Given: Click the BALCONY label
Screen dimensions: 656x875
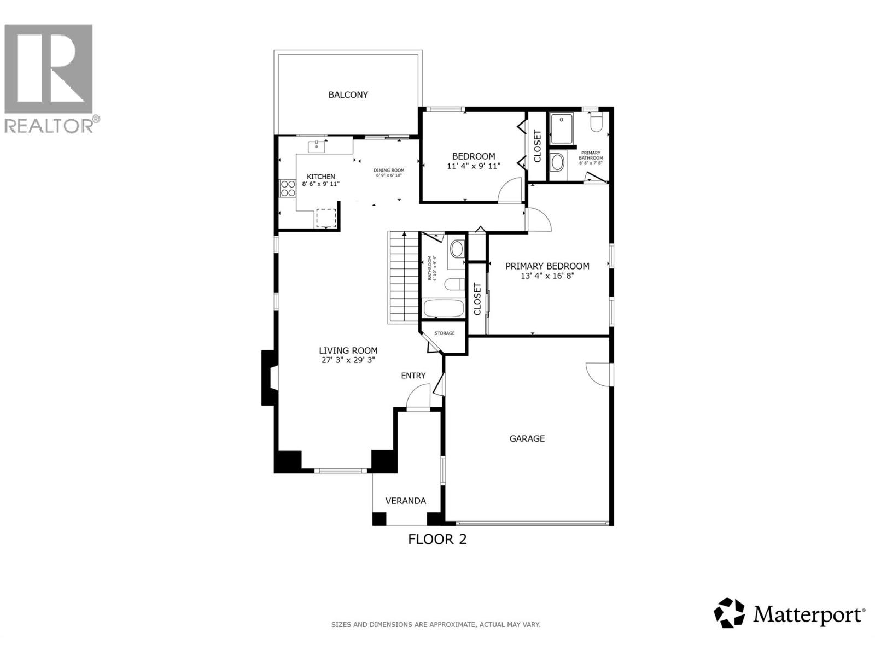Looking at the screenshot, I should click(x=348, y=95).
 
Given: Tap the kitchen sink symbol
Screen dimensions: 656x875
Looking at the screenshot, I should click(x=317, y=146).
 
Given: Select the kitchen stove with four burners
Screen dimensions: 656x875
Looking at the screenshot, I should click(x=287, y=189).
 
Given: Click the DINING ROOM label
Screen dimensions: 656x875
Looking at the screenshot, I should click(x=389, y=170).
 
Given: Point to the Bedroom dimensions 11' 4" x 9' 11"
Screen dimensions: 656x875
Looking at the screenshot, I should click(x=474, y=166).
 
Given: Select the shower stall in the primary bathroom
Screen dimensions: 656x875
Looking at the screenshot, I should click(x=561, y=129).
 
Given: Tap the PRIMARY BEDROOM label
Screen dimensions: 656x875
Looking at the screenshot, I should click(x=547, y=266).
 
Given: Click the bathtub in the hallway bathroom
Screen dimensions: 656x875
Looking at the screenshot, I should click(x=444, y=309).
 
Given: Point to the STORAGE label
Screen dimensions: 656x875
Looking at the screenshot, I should click(x=444, y=333).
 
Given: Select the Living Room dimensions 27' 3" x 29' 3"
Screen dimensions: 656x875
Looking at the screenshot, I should click(x=348, y=360).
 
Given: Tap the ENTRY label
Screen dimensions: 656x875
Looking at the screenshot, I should click(x=413, y=376).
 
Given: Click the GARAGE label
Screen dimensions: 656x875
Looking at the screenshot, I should click(x=527, y=438).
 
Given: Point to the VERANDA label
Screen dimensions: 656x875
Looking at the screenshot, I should click(x=405, y=501).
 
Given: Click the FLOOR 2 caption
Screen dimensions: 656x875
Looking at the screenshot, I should click(x=437, y=540).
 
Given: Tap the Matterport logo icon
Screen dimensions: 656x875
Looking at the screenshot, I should click(x=730, y=613).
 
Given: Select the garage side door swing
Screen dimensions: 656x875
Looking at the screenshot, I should click(x=597, y=375).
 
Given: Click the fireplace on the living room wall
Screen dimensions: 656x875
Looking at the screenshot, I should click(x=269, y=377).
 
